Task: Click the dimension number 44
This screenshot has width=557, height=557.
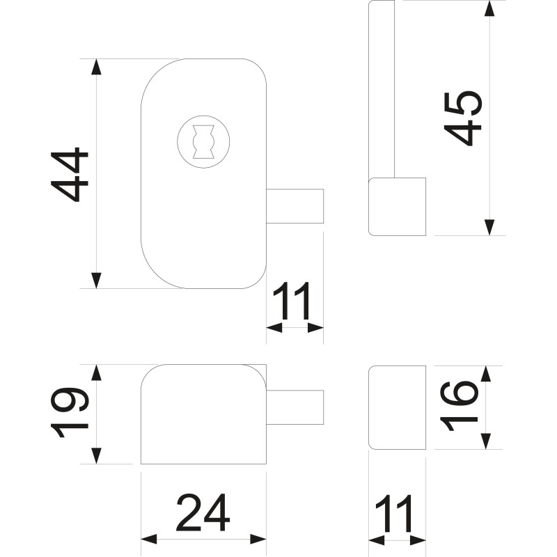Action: point(70,174)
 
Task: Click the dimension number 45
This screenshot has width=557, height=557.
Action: point(463,117)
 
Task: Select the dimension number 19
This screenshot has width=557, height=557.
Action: point(72,413)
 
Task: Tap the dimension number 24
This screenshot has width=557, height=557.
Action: point(203,514)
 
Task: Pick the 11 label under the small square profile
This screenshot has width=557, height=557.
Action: point(396,514)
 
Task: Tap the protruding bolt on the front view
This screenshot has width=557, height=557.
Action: point(296,205)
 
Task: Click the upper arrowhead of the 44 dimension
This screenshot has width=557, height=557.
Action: point(97,67)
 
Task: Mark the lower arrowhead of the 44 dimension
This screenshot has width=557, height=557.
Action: point(97,280)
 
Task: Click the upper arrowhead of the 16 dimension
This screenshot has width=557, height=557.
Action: point(486,373)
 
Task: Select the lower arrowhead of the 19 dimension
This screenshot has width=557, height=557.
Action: point(97,456)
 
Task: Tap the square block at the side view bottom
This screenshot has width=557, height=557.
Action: point(397,206)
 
